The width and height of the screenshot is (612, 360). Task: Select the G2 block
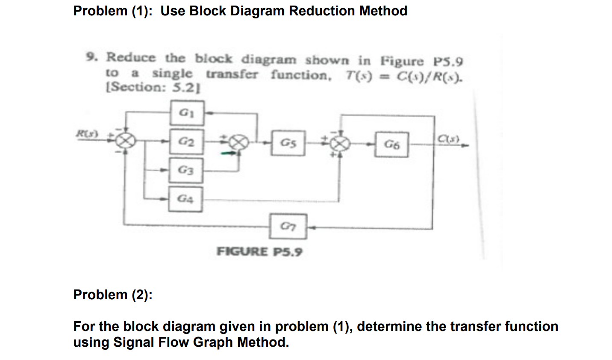click(185, 142)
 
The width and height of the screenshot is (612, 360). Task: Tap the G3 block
click(185, 171)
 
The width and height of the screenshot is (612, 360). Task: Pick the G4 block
click(185, 199)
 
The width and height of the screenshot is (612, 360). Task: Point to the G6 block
click(391, 145)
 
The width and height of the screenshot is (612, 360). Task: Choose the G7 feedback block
click(288, 226)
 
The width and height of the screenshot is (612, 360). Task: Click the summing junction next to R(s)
click(126, 140)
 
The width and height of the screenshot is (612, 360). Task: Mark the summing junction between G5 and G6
click(339, 144)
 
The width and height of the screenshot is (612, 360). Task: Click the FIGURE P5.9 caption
click(259, 251)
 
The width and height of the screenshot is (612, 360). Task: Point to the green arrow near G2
click(227, 152)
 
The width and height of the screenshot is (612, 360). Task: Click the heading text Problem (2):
click(113, 295)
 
